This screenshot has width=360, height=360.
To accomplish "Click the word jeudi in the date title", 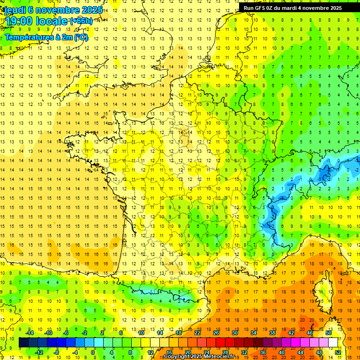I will tap(15, 10).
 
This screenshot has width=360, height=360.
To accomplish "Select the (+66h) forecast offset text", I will tap(81, 21).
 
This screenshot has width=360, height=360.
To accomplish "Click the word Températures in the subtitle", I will tap(30, 37).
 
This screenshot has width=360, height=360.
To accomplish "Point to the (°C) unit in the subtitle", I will tap(81, 37).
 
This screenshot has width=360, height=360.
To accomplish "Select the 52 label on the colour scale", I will tap(337, 352).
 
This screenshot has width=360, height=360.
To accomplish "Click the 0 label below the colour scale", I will tap(93, 352).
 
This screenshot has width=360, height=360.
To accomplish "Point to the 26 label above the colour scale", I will tap(216, 333).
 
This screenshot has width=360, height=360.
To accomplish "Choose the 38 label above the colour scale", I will tap(272, 333).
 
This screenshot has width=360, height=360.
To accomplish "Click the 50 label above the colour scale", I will tap(328, 333).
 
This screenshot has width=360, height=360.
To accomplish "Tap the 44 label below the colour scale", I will tap(300, 352).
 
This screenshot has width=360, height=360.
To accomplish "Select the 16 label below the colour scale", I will tap(169, 352).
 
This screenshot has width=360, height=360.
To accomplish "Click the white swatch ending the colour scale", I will tap(333, 343).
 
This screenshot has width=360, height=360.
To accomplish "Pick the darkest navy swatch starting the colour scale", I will tap(24, 343).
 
